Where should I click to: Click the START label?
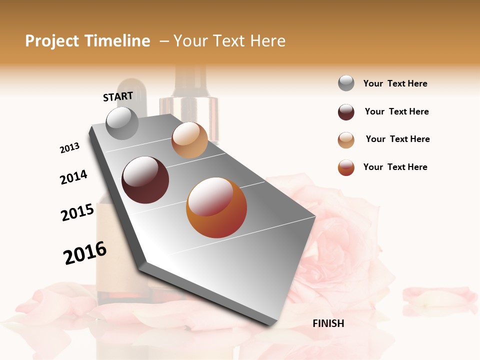pyautogui.click(x=118, y=96)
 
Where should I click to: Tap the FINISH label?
pyautogui.click(x=328, y=323)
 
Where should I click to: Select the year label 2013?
pyautogui.click(x=69, y=148)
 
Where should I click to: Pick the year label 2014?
pyautogui.click(x=73, y=177)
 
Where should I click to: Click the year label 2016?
pyautogui.click(x=85, y=253)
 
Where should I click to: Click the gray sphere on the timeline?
pyautogui.click(x=122, y=123)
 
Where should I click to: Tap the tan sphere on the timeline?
pyautogui.click(x=189, y=140)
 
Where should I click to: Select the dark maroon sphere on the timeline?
pyautogui.click(x=145, y=180)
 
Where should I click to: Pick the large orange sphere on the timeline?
pyautogui.click(x=216, y=207)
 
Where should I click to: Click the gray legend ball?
pyautogui.click(x=346, y=83)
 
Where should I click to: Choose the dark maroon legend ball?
pyautogui.click(x=346, y=112)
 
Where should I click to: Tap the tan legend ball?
pyautogui.click(x=346, y=140)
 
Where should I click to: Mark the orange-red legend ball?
pyautogui.click(x=346, y=167)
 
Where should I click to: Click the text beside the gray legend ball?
pyautogui.click(x=395, y=83)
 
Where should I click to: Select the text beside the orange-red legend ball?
pyautogui.click(x=395, y=167)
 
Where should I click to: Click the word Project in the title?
pyautogui.click(x=52, y=41)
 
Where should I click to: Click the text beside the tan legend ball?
pyautogui.click(x=397, y=139)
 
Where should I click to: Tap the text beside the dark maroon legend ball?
pyautogui.click(x=396, y=111)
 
